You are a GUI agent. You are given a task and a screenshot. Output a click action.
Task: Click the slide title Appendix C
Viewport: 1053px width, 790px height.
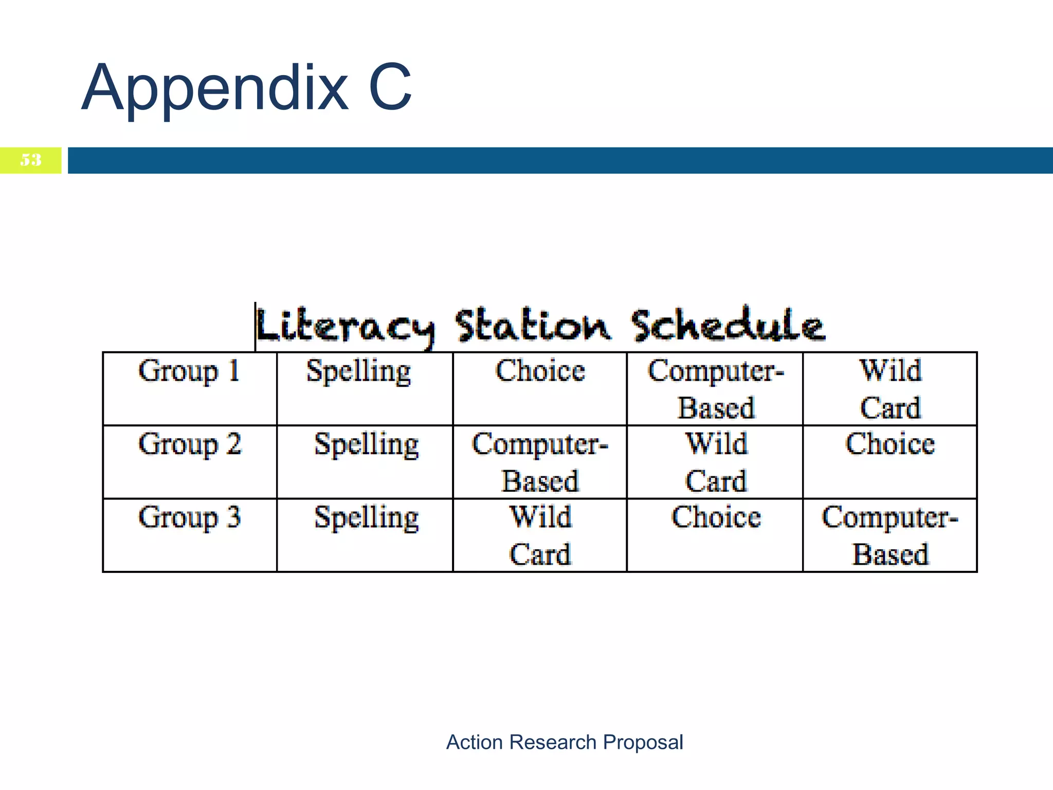[x=247, y=87]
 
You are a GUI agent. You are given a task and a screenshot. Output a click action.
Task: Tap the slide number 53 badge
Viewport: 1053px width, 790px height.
[x=31, y=160]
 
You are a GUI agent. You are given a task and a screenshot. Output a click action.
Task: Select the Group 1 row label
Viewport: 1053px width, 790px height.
[x=189, y=371]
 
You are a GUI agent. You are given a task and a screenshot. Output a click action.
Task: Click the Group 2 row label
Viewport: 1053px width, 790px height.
[x=189, y=444]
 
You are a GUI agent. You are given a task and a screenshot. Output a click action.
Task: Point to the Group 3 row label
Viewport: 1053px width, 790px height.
[x=189, y=517]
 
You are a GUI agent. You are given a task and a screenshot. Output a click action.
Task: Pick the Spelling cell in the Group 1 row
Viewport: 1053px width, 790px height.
[x=359, y=371]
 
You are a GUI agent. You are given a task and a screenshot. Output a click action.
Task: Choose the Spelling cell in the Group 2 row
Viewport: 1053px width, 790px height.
[x=366, y=444]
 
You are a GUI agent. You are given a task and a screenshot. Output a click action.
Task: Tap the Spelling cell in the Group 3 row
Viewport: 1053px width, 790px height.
[x=366, y=517]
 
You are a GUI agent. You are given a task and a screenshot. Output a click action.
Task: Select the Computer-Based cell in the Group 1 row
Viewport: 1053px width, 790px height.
[x=716, y=389]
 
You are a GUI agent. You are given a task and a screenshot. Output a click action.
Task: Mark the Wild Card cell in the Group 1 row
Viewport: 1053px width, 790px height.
[x=891, y=389]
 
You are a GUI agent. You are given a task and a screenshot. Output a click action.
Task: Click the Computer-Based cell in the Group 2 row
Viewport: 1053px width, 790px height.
[x=540, y=462]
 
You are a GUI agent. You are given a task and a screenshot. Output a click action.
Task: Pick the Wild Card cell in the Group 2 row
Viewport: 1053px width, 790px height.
[x=716, y=462]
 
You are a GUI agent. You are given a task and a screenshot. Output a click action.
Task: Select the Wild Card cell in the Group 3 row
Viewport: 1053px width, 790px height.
[x=540, y=535]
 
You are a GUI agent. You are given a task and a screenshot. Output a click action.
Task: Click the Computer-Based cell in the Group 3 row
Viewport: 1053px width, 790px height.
[x=891, y=535]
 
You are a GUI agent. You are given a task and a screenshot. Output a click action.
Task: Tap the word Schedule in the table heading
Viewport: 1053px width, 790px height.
[x=728, y=325]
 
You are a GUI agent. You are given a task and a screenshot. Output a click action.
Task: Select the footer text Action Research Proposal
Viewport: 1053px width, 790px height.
[x=565, y=742]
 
